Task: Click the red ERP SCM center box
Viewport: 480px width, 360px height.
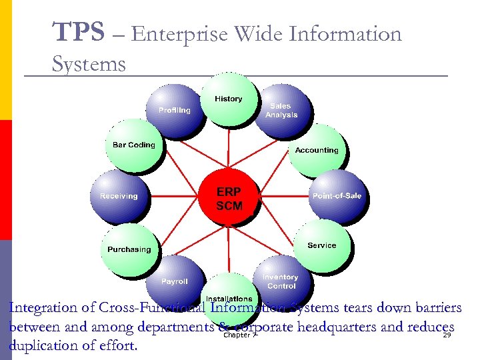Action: click(x=229, y=197)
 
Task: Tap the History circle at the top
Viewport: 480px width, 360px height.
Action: click(x=229, y=99)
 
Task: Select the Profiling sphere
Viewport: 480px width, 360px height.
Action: click(x=175, y=110)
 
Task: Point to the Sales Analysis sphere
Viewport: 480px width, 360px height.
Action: click(x=281, y=111)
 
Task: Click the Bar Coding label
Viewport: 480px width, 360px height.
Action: click(x=133, y=145)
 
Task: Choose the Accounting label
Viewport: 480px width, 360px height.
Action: click(x=317, y=150)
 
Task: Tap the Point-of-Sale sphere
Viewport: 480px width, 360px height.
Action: click(x=337, y=196)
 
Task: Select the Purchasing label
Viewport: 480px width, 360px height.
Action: click(x=129, y=249)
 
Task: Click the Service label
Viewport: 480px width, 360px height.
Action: click(x=322, y=245)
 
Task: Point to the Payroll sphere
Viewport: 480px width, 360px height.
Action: click(x=175, y=281)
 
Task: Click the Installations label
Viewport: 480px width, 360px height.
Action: click(x=229, y=298)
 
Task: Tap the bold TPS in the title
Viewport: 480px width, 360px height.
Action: click(x=78, y=31)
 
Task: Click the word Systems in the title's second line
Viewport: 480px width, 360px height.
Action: click(x=89, y=64)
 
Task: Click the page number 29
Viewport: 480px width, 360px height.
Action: click(x=447, y=335)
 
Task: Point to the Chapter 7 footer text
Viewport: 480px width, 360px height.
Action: click(x=240, y=335)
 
